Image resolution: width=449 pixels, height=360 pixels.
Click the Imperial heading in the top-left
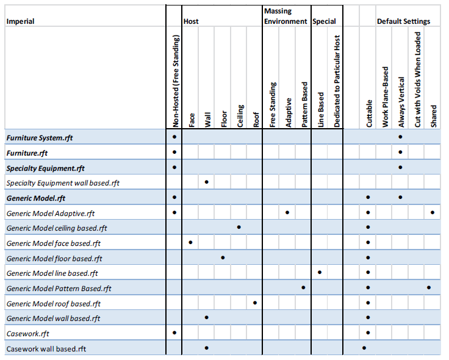20,21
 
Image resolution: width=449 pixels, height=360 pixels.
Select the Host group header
191,21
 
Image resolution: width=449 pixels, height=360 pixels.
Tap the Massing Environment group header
286,16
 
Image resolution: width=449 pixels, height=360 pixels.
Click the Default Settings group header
403,21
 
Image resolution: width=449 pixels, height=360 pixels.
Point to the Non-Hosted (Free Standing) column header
176,81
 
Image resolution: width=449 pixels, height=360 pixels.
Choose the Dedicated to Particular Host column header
337,81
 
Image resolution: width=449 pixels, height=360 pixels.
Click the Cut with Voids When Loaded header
418,79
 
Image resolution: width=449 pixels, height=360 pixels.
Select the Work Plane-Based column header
386,97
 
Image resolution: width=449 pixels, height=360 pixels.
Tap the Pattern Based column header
304,104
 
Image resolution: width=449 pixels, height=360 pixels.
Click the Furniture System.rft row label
40,138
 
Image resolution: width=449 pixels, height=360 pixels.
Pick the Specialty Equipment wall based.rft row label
63,183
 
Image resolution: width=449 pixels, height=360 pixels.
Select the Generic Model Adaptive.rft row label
51,214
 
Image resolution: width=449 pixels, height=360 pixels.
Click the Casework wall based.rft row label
46,349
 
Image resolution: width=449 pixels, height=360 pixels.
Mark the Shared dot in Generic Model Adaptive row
433,212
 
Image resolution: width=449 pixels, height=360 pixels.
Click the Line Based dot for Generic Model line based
320,272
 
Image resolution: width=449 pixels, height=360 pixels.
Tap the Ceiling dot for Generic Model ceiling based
239,227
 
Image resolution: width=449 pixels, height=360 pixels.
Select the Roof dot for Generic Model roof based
255,303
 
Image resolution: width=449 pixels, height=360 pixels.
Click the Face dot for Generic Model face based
190,243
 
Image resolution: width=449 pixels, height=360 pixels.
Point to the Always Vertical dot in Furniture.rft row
400,152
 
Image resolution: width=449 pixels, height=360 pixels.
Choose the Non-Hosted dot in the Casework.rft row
174,333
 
